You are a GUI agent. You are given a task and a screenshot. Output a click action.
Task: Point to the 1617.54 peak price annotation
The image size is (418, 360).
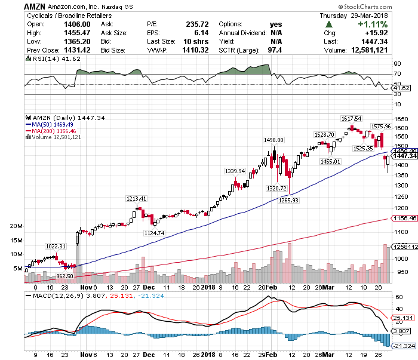coord(351,119)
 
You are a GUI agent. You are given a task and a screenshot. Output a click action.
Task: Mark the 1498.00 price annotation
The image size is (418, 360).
coord(273,140)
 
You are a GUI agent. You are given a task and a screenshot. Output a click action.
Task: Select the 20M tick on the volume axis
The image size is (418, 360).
coord(16,227)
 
